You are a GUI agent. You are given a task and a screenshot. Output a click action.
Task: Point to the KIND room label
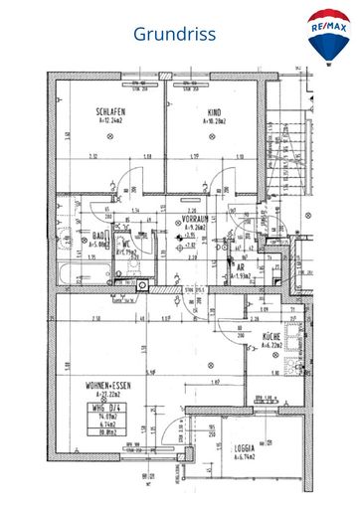pyautogui.click(x=212, y=111)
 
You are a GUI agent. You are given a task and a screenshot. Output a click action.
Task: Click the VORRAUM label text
pyautogui.click(x=193, y=218)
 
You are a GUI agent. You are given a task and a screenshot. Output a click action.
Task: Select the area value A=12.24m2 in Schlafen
pyautogui.click(x=110, y=120)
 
